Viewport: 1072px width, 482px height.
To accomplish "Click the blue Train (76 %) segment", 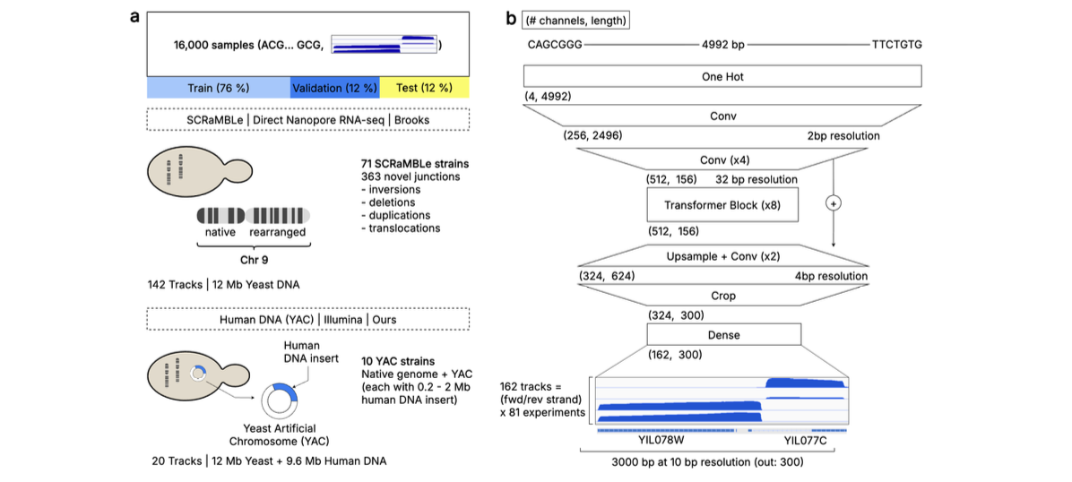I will pos(218,88).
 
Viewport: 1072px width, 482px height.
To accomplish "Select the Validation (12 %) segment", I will pos(335,88).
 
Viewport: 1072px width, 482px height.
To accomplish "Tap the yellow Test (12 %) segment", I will pos(425,88).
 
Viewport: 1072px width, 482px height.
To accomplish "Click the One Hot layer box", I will pos(722,77).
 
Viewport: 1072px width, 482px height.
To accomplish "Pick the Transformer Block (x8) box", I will pos(722,205).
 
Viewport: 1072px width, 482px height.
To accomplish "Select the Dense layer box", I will pos(722,335).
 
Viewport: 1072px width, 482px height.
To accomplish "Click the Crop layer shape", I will pos(722,295).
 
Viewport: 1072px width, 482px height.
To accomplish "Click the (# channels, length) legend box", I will pos(575,20).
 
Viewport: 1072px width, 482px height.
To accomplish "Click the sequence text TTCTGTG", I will pos(896,43).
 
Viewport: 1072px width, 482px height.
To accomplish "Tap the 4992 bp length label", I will pos(722,43).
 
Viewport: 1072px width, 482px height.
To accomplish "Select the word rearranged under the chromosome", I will pos(278,232).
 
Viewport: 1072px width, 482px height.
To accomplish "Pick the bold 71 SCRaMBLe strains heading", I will pos(405,166).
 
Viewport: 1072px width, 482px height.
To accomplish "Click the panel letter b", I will pos(511,18).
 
